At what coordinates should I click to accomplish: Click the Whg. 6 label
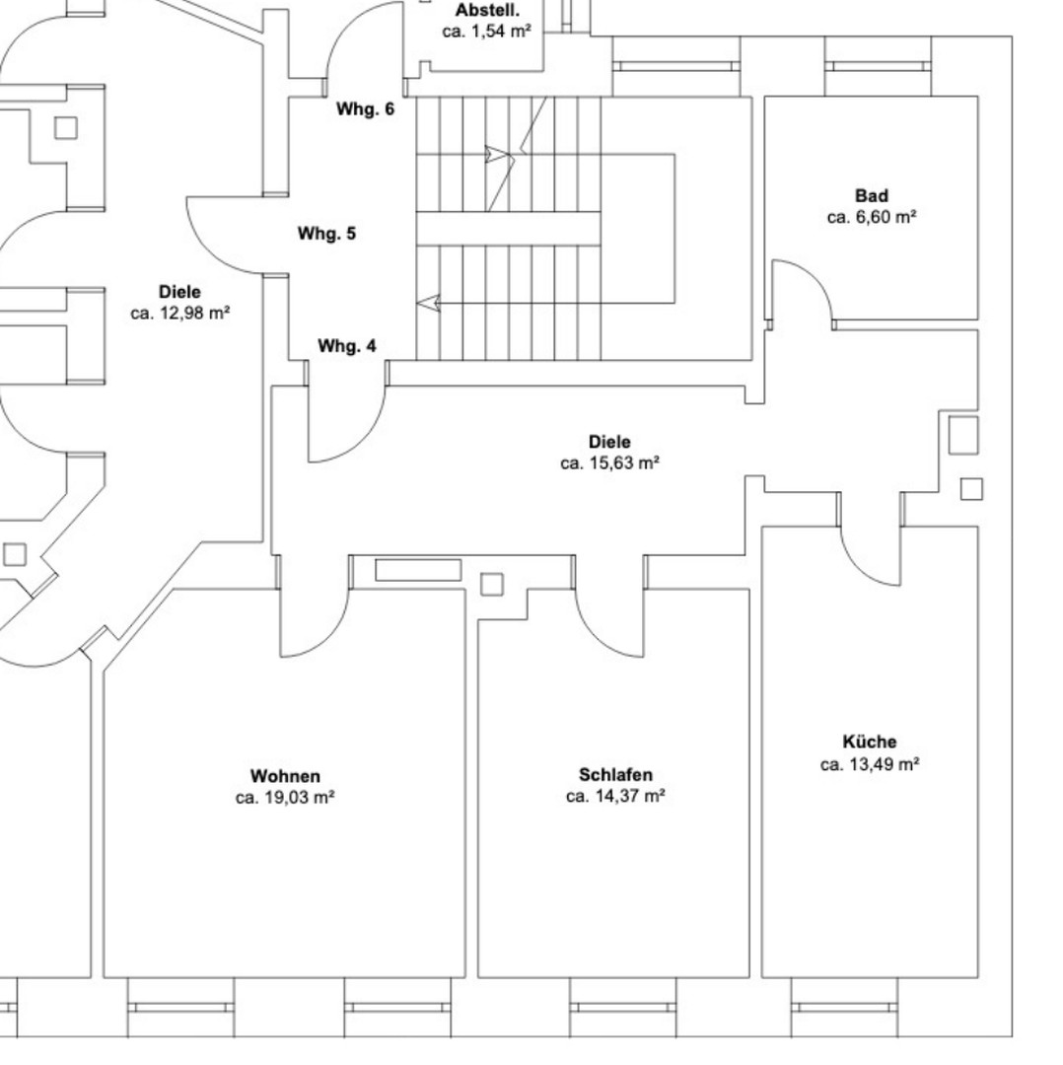pos(365,108)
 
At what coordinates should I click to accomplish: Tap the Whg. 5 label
pos(326,233)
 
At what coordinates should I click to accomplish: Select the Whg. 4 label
pos(346,346)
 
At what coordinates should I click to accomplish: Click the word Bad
pos(872,195)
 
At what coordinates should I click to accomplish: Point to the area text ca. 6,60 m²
pos(872,217)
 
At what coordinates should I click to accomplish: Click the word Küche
pos(870,742)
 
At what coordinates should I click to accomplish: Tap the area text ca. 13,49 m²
pos(870,764)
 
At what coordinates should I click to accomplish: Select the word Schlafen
pos(615,774)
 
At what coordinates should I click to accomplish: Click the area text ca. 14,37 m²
pos(615,796)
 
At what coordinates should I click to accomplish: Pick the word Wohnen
pos(285,776)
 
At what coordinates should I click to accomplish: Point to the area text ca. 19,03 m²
pos(285,798)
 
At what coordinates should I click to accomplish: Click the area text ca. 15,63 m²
pos(610,463)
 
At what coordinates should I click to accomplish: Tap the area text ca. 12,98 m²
pos(180,314)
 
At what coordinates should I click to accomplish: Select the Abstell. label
pos(488,10)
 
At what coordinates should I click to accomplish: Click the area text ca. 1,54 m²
pos(486,32)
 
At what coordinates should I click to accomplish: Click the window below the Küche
pos(844,1007)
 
